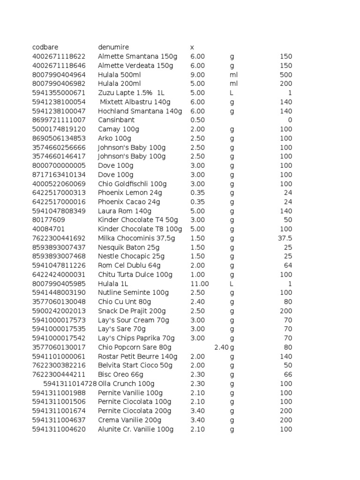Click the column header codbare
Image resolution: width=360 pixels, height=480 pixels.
46,47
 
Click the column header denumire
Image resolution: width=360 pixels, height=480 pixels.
113,47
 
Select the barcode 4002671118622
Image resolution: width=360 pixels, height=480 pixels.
59,57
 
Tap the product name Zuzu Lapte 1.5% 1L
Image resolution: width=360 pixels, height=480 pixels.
131,93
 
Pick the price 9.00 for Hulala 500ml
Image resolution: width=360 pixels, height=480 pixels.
198,75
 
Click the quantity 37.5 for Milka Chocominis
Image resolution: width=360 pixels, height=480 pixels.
285,239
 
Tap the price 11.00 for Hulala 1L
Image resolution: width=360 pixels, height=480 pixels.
200,284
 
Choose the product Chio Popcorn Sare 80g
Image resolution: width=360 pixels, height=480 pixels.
135,347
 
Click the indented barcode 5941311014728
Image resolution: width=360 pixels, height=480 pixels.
70,384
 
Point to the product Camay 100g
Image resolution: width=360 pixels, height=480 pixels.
119,129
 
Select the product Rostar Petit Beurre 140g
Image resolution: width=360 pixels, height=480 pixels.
138,357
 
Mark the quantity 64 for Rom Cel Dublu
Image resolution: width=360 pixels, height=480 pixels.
288,266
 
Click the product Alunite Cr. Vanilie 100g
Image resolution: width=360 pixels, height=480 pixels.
135,429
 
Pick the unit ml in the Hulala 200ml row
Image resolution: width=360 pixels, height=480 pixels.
234,84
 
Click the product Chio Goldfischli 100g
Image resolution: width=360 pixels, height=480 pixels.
132,184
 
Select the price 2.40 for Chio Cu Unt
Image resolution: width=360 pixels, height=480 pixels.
198,302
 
